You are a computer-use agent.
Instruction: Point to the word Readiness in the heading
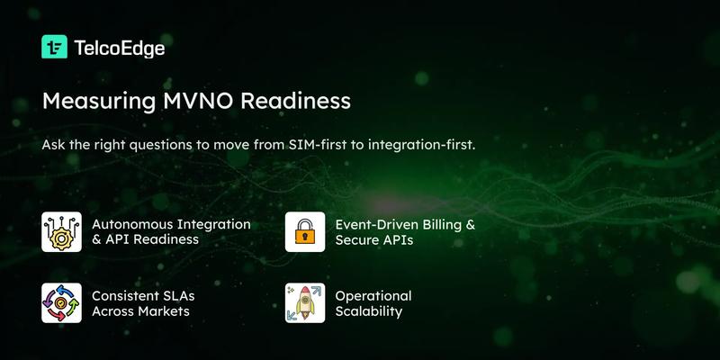pos(301,100)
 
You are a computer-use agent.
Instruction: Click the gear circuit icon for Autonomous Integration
pos(61,231)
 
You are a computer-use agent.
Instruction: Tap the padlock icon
pos(304,231)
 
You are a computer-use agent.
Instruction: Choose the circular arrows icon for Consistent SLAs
pos(61,302)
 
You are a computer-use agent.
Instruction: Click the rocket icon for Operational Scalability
pos(304,302)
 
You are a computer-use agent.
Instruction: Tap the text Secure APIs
pos(374,240)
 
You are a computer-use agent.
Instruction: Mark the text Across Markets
pos(140,311)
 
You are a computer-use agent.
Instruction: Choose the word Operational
pos(373,295)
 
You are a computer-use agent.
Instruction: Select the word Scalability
pos(368,311)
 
